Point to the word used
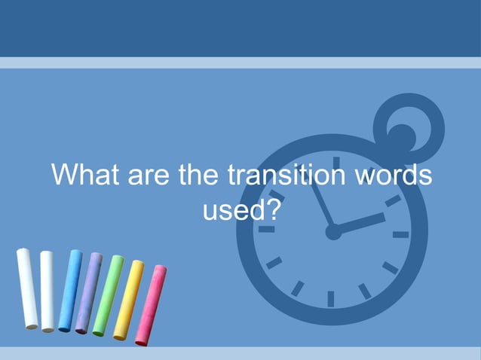[231, 210]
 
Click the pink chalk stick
[151, 304]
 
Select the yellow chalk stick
[128, 299]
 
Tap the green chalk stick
[108, 294]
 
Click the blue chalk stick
[69, 290]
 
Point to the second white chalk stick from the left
[47, 291]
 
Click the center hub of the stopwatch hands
[332, 233]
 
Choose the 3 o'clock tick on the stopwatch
[400, 234]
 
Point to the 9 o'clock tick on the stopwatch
[266, 230]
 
